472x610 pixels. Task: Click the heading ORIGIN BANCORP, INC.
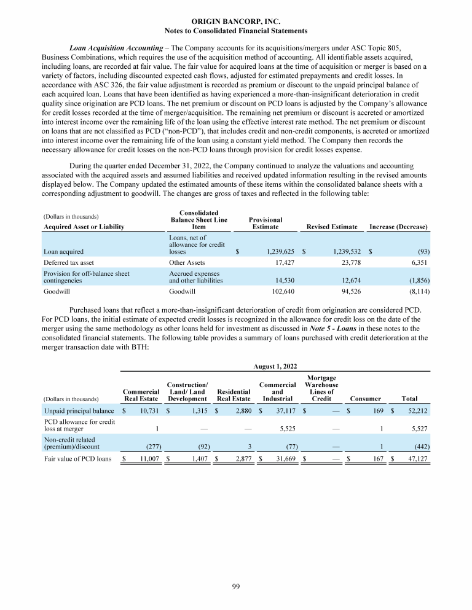(x=236, y=22)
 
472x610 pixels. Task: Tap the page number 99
(x=236, y=588)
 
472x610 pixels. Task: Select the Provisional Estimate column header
(x=265, y=223)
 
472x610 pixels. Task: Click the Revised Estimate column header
(x=332, y=227)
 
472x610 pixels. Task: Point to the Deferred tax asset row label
(x=68, y=263)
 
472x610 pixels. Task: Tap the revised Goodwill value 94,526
(x=346, y=292)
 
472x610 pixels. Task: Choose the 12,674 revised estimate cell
(x=346, y=280)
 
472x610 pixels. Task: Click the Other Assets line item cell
(x=186, y=263)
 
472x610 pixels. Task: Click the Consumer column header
(x=366, y=398)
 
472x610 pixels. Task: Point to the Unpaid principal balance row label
(x=79, y=410)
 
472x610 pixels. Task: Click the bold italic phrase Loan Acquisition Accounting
(x=117, y=47)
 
